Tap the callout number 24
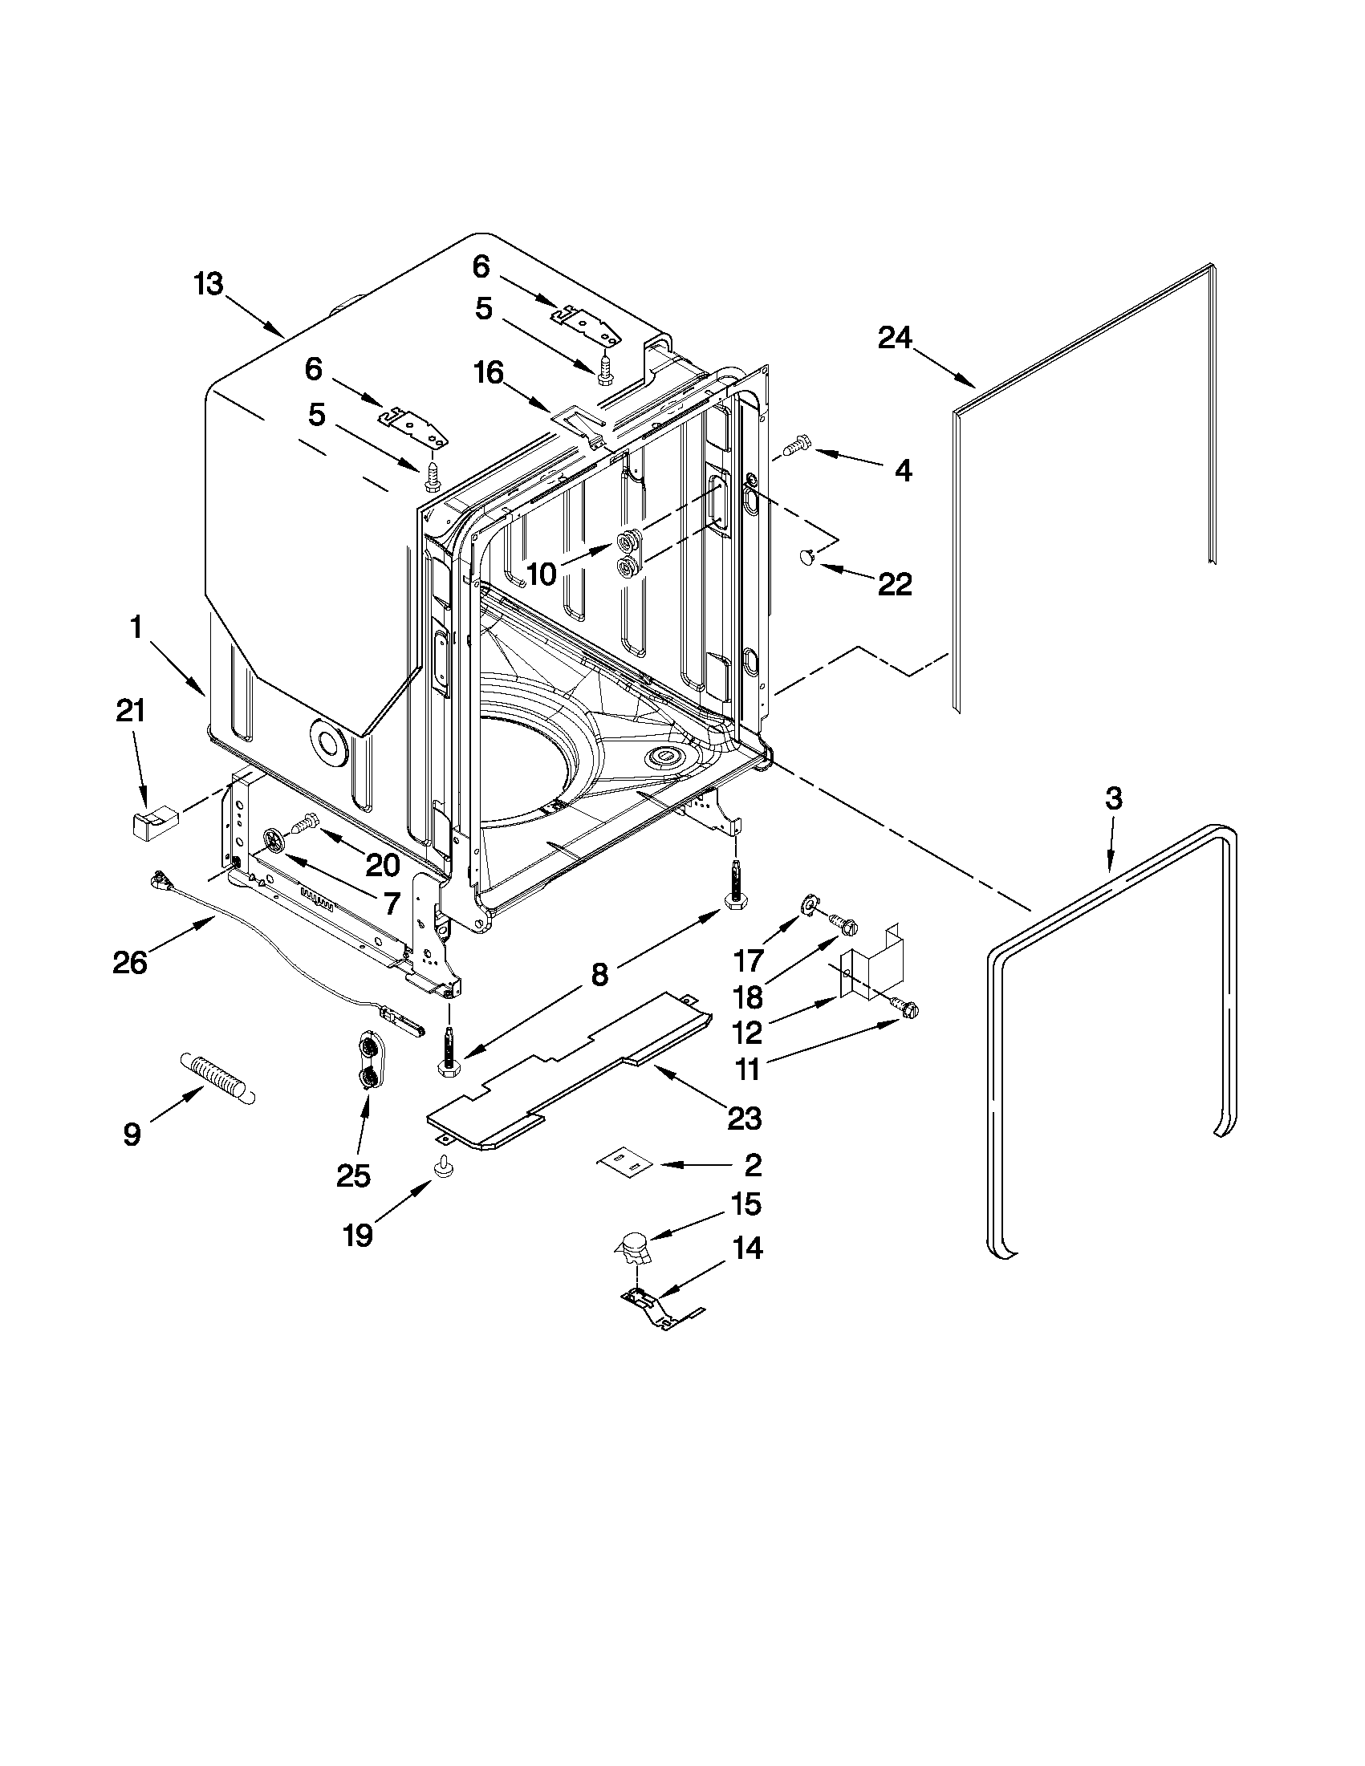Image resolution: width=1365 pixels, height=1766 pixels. pos(895,338)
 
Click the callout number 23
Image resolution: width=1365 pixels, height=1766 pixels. pos(744,1119)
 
